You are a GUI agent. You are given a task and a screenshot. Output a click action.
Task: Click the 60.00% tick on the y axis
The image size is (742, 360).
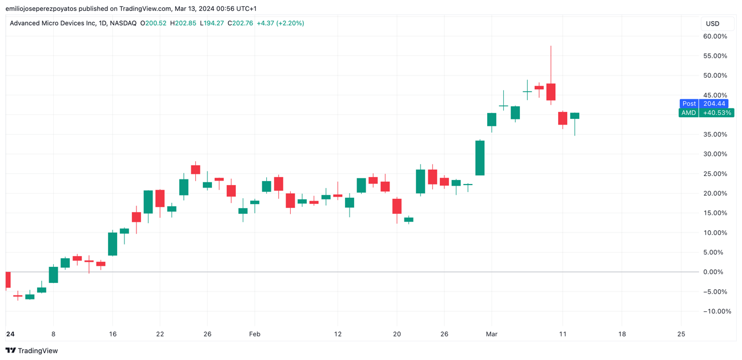(x=715, y=37)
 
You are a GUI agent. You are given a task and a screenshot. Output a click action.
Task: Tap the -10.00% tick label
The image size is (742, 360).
(x=716, y=311)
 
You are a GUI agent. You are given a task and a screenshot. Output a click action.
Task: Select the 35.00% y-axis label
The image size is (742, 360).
(x=715, y=135)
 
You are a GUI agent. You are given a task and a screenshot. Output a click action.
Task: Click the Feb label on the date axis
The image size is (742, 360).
(x=255, y=334)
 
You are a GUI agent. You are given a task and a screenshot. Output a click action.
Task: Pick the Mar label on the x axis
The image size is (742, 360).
(x=492, y=334)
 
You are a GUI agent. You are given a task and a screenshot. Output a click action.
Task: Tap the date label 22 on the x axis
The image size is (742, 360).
(x=160, y=334)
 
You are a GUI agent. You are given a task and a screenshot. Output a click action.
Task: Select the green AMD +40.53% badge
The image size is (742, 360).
(x=707, y=113)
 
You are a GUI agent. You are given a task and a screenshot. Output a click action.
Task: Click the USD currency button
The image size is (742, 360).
(x=712, y=23)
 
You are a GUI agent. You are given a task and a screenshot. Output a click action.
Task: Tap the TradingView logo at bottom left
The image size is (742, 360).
(x=32, y=350)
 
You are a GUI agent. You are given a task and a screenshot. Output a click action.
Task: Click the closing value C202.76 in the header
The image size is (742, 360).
(x=240, y=23)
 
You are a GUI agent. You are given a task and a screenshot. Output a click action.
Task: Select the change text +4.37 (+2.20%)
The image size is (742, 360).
(x=280, y=23)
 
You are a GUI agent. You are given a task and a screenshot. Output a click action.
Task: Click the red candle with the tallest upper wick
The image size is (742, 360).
(x=551, y=91)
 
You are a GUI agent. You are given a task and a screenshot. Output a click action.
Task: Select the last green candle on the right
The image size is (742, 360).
(x=575, y=116)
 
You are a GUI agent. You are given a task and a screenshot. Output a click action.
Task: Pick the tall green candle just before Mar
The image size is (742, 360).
(x=480, y=158)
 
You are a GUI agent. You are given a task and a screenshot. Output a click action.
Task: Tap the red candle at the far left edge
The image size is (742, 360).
(x=8, y=280)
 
